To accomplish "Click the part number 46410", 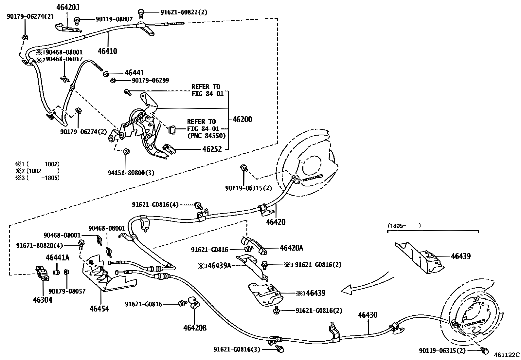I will click(107, 51).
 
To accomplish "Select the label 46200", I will click(242, 119).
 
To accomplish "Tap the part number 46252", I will click(212, 149).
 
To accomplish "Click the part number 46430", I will click(368, 315).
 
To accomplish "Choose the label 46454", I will click(99, 308).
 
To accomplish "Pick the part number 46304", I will click(42, 300).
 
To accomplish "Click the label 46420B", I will click(195, 328).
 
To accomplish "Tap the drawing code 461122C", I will click(507, 354).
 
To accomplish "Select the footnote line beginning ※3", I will click(37, 178).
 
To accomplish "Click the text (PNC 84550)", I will click(207, 136).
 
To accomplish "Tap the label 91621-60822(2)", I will click(184, 12).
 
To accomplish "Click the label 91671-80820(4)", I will click(40, 245).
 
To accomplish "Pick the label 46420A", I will click(291, 248).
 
